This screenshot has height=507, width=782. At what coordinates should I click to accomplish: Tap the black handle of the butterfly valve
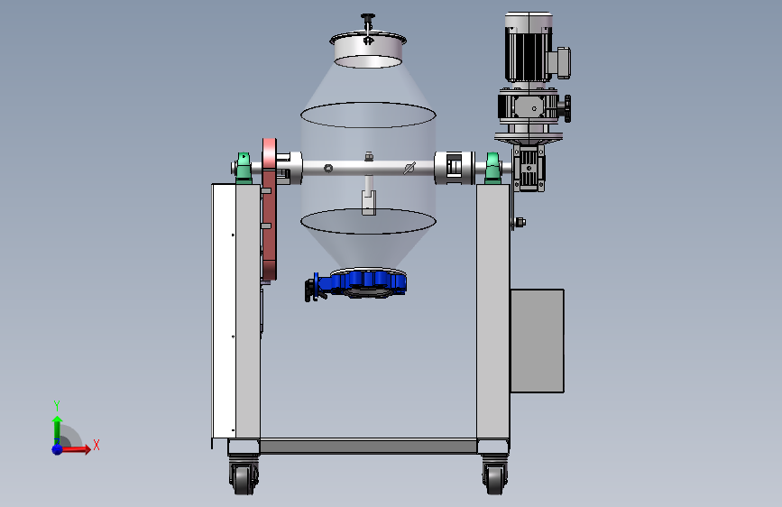(311, 290)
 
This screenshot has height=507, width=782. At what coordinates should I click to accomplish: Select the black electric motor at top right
(529, 48)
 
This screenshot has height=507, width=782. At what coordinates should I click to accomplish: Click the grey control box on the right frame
(538, 341)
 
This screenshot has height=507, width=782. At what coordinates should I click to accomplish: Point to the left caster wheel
(244, 477)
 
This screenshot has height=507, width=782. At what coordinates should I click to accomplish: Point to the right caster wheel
(495, 477)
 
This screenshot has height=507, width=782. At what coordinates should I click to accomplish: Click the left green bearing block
(244, 168)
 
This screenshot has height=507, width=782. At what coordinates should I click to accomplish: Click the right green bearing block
(492, 168)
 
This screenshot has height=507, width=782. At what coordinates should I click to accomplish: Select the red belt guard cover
(270, 209)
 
